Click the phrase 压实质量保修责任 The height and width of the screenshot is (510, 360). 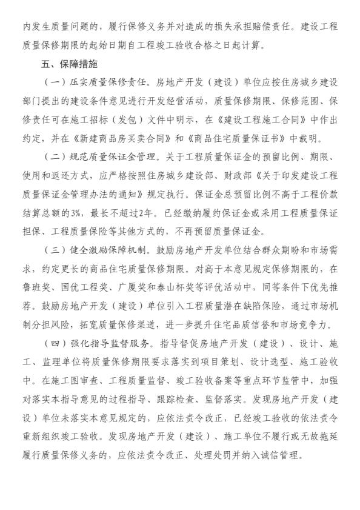pyautogui.click(x=104, y=81)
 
